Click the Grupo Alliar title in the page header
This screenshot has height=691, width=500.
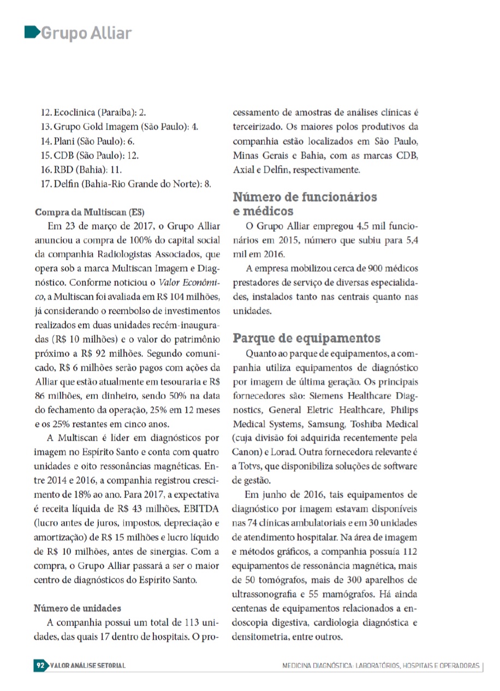click(x=86, y=33)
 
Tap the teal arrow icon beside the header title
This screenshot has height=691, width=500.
click(x=32, y=32)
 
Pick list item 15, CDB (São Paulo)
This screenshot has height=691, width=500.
click(x=90, y=155)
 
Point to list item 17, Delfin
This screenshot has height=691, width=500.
click(x=126, y=184)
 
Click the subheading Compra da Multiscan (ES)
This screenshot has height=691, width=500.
click(x=90, y=212)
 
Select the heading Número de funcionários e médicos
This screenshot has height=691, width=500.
click(x=305, y=203)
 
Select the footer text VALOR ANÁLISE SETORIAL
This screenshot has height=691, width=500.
click(x=87, y=666)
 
